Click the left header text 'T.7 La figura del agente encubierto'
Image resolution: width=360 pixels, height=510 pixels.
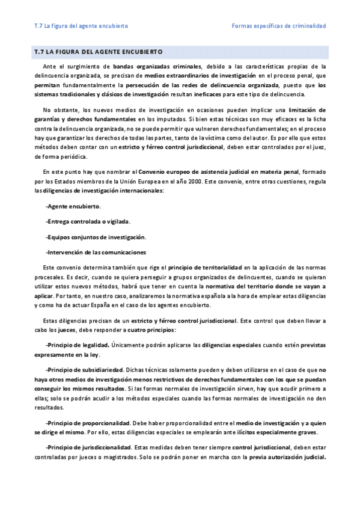(x=81, y=26)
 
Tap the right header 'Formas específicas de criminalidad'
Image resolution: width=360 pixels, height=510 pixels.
(x=278, y=26)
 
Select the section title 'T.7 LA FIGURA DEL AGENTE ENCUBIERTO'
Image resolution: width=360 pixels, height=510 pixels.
(x=99, y=52)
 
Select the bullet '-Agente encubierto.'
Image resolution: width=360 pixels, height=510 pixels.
(x=73, y=206)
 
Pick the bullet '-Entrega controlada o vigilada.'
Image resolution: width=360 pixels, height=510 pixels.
(x=88, y=221)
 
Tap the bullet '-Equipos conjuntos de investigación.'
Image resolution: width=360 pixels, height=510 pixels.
(x=96, y=236)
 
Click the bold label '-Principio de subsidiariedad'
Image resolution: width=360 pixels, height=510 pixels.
(x=85, y=369)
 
